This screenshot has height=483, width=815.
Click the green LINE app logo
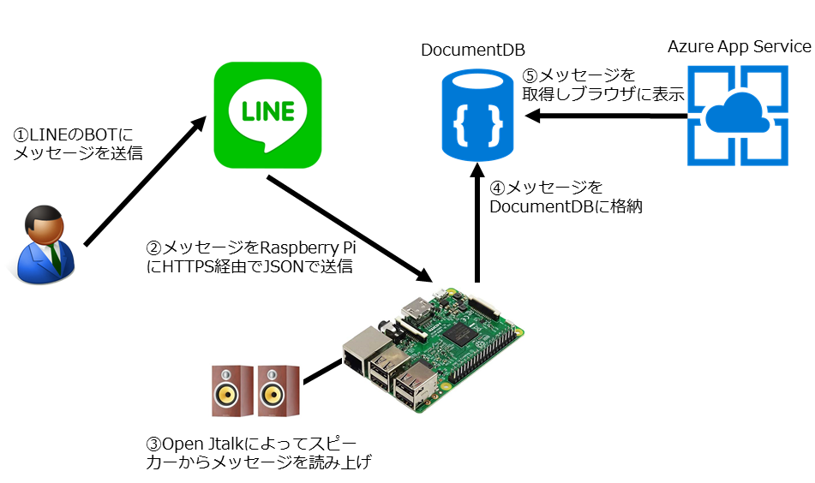click(x=267, y=115)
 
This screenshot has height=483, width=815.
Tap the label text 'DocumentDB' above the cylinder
click(x=473, y=51)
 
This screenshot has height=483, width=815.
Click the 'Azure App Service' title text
click(x=739, y=46)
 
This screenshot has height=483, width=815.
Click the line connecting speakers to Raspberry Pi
click(x=321, y=370)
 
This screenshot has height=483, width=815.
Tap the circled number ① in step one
click(x=21, y=135)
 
